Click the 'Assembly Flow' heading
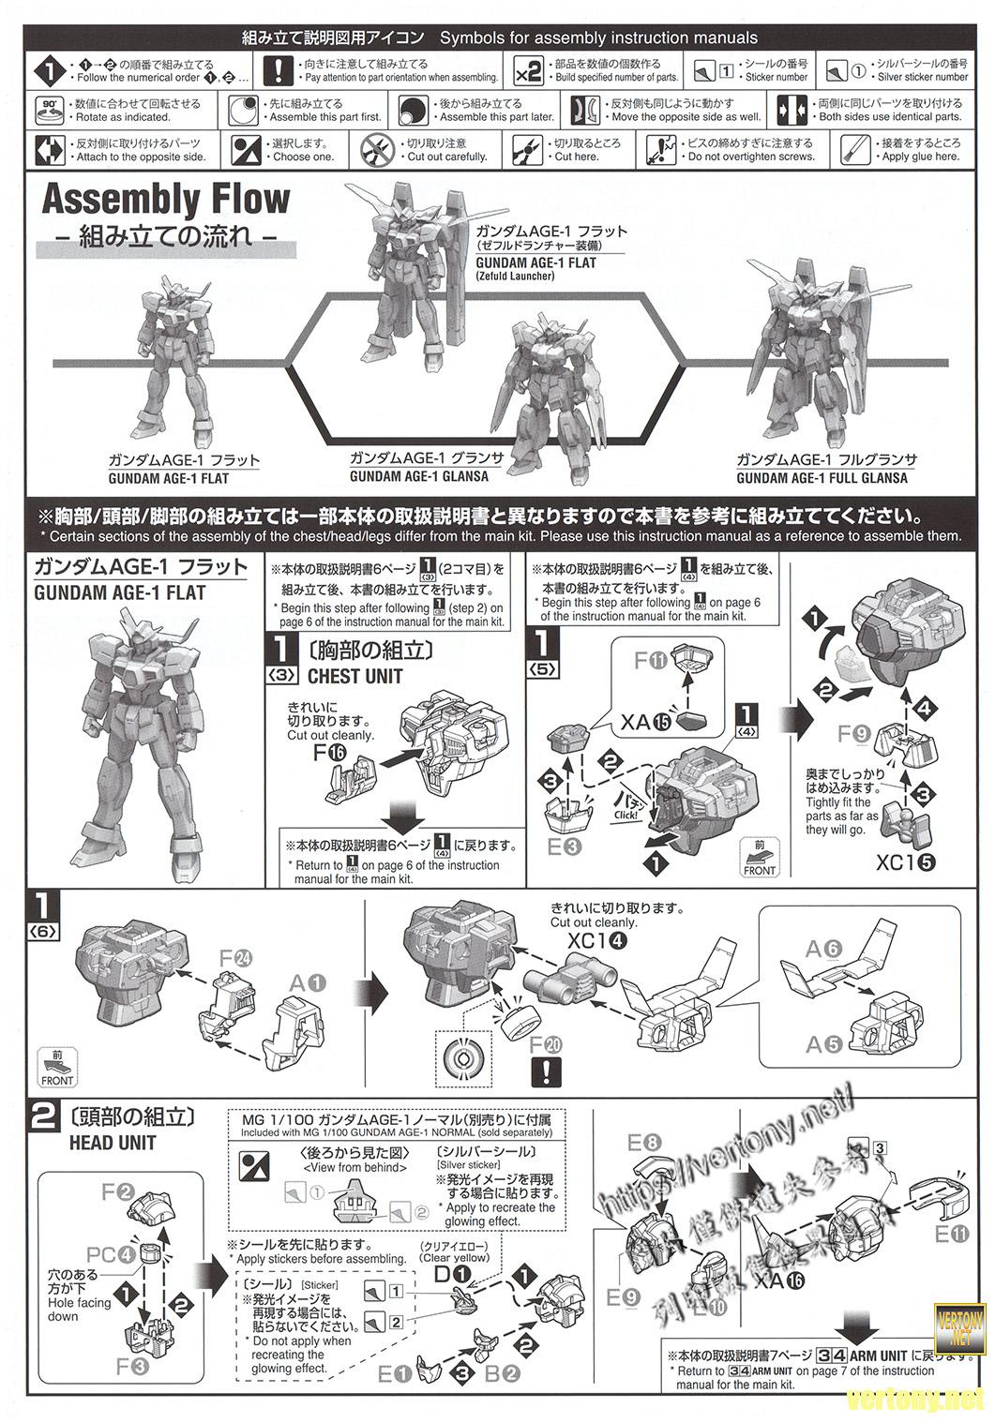166,200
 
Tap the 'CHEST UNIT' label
354,676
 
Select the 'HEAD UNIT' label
113,1143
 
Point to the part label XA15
647,721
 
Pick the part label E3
561,846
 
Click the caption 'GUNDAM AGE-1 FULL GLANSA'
822,478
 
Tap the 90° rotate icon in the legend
49,110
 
